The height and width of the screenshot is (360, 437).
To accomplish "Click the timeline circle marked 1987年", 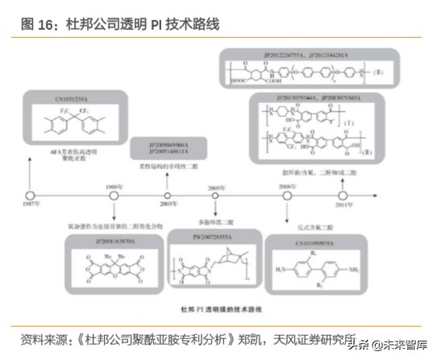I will pos(30,196).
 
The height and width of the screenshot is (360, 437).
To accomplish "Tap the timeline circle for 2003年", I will pos(168,196).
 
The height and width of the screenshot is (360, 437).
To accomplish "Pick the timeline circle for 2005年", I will pos(215,196).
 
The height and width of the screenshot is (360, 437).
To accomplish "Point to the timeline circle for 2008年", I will pos(289,196).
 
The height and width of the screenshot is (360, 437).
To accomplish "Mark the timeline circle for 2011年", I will pos(343,196).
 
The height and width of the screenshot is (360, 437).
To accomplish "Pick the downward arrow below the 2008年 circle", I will pos(289,212).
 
